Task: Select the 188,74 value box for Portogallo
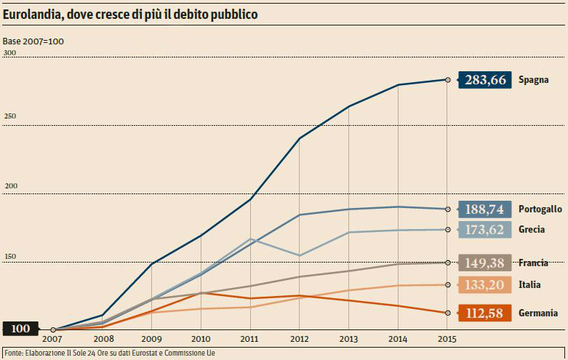click(484, 209)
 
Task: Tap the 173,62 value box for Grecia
click(484, 229)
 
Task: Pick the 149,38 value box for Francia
click(484, 263)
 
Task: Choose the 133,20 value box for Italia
click(484, 284)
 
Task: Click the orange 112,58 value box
click(484, 313)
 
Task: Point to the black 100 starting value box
click(20, 329)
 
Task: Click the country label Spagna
click(533, 80)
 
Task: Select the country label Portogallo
click(540, 209)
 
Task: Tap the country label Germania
click(538, 313)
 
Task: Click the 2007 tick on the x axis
click(52, 339)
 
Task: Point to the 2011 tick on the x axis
click(250, 339)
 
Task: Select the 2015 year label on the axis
click(447, 339)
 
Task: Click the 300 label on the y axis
click(9, 54)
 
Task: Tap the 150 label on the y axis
click(9, 257)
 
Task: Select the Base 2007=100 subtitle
click(33, 41)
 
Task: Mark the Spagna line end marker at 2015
click(447, 80)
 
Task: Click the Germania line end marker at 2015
click(447, 313)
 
